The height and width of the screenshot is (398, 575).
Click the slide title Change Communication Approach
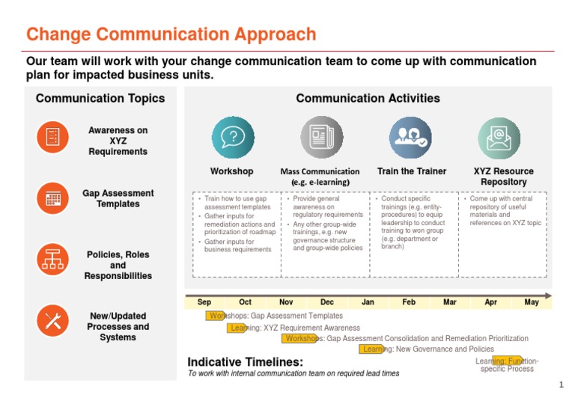tap(171, 34)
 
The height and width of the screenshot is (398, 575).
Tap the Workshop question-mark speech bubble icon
tap(233, 138)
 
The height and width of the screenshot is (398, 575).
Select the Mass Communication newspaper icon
tap(322, 138)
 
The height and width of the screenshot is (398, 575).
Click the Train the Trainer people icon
tap(411, 138)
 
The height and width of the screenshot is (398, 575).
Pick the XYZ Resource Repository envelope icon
tap(499, 138)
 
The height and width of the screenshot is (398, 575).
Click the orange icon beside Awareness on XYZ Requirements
tap(52, 136)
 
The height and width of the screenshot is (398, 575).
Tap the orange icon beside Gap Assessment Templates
tap(52, 198)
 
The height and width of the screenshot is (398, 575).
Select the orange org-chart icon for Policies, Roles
tap(52, 259)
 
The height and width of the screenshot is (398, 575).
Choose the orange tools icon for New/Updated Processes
tap(52, 321)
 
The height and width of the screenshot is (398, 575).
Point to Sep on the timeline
tap(204, 302)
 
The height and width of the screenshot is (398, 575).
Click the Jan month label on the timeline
tap(368, 302)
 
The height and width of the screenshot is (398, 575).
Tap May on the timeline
tap(532, 302)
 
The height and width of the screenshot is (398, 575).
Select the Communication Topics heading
tap(100, 98)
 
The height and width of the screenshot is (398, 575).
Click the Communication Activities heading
tap(368, 98)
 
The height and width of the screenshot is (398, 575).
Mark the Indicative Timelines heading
tap(245, 362)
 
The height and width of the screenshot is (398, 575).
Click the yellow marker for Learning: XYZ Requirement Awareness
tap(238, 328)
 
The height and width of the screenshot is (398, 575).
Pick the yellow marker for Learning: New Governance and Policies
tap(371, 349)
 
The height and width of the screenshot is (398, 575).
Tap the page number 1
tap(560, 385)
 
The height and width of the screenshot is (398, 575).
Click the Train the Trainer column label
tap(412, 171)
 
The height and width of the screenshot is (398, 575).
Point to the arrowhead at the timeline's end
tap(549, 296)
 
